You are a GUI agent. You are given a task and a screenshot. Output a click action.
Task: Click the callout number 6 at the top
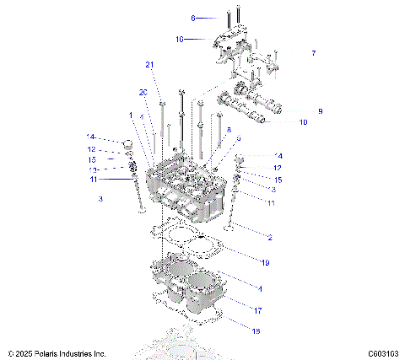click(192, 18)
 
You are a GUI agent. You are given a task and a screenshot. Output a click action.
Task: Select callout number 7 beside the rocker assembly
click(313, 53)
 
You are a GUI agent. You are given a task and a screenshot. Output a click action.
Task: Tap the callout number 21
click(150, 65)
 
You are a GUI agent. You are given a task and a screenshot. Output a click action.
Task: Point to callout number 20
click(143, 92)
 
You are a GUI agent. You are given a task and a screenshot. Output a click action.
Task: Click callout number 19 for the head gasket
click(264, 263)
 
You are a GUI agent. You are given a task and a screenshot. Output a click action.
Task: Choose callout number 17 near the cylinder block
click(258, 309)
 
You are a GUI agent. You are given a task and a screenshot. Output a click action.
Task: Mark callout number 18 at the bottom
click(256, 331)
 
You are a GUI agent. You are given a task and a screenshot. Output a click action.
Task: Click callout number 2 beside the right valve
click(269, 239)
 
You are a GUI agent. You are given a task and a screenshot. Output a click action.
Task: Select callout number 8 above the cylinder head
click(228, 129)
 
